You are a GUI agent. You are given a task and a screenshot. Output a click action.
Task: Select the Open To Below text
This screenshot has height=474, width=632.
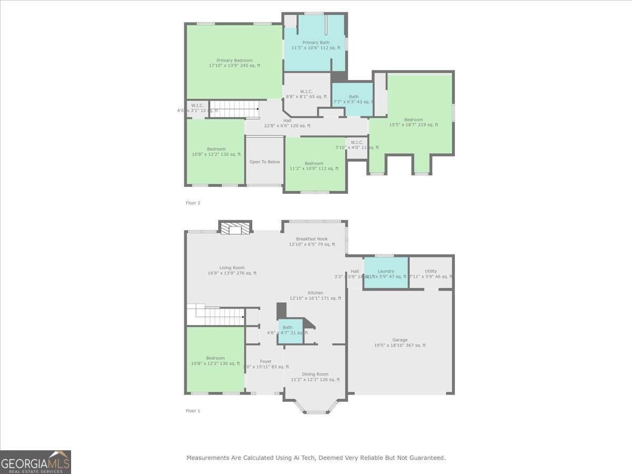pos(265,162)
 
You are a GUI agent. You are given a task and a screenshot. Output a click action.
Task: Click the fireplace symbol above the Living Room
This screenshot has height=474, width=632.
pos(235,229)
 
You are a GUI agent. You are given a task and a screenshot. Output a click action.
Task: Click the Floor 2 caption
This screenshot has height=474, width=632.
pos(193,203)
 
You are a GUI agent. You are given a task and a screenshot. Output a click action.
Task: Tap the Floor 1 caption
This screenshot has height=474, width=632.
pos(193,411)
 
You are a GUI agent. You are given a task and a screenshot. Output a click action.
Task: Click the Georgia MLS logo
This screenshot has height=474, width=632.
pos(35,462)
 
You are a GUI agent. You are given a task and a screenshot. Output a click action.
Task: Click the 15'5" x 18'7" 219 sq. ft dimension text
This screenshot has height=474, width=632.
pos(413,125)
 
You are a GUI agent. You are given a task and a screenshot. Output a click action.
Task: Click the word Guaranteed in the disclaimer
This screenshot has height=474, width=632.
pos(426,458)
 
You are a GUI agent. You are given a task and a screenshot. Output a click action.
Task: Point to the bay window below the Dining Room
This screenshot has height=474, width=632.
pos(315,407)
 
